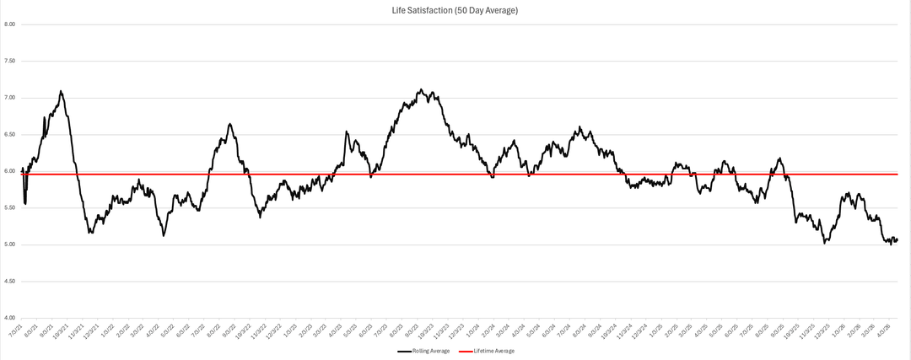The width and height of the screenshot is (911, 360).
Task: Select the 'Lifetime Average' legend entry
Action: (496, 351)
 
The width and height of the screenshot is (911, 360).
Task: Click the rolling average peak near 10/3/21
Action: (61, 91)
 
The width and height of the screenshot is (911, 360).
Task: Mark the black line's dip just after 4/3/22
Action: (163, 235)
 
